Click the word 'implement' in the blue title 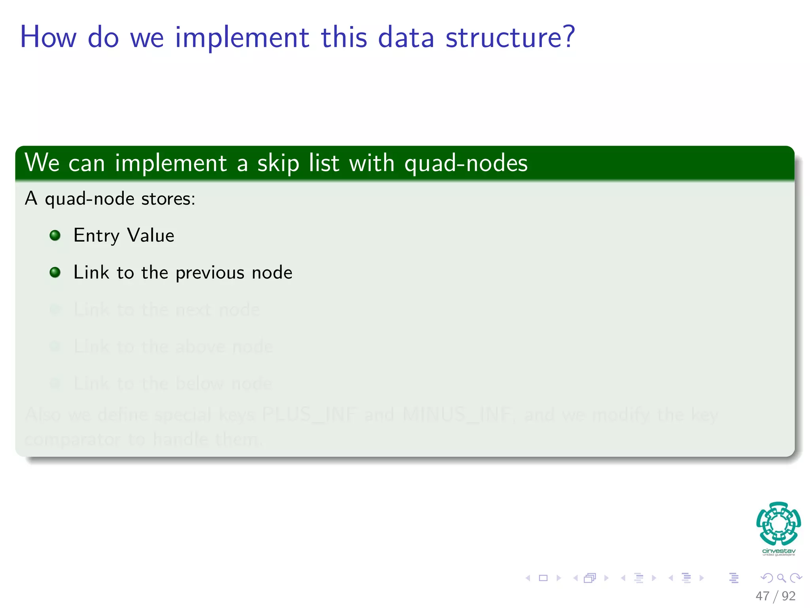pyautogui.click(x=242, y=38)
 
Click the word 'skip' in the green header pyautogui.click(x=278, y=163)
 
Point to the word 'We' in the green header pyautogui.click(x=42, y=163)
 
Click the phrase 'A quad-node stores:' pyautogui.click(x=110, y=198)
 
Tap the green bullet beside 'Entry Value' pyautogui.click(x=55, y=236)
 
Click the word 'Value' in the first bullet pyautogui.click(x=151, y=236)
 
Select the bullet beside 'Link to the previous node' pyautogui.click(x=55, y=272)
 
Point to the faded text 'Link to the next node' pyautogui.click(x=167, y=310)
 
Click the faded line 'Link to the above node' pyautogui.click(x=173, y=346)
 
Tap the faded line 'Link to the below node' pyautogui.click(x=173, y=383)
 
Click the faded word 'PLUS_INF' pyautogui.click(x=309, y=415)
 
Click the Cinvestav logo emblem pyautogui.click(x=778, y=523)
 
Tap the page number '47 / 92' pyautogui.click(x=775, y=596)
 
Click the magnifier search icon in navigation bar pyautogui.click(x=781, y=578)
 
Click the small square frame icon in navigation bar pyautogui.click(x=543, y=578)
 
